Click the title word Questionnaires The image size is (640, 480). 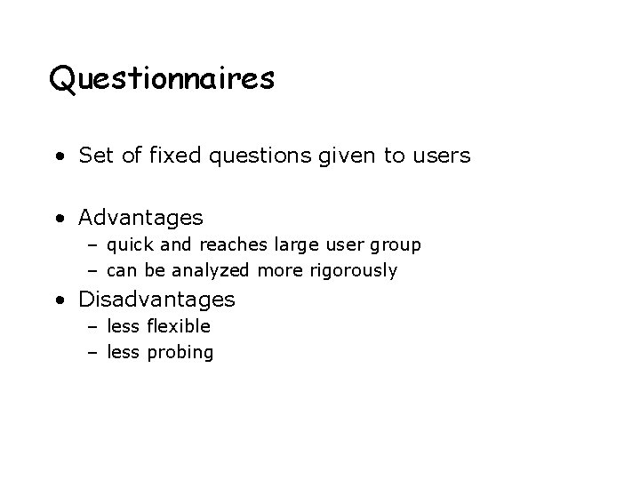point(162,80)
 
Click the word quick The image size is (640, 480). point(132,244)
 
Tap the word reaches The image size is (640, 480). point(229,244)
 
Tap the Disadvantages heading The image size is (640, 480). point(156,300)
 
